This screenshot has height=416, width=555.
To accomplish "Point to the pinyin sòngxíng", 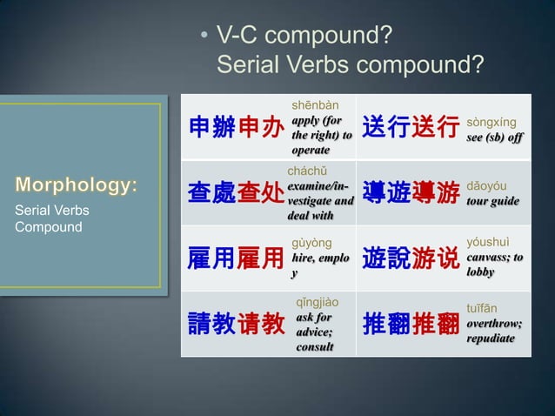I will (491, 123).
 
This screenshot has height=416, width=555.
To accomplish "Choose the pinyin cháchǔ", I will (311, 171).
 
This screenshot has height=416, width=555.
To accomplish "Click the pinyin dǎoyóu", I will (488, 186).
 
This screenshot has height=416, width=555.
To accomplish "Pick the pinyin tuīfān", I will (484, 308).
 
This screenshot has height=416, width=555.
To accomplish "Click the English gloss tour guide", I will (493, 201).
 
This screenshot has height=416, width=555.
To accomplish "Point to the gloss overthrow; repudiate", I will (494, 330).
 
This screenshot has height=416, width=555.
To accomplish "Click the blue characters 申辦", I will (212, 128).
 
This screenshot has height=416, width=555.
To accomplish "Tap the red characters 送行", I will (436, 128).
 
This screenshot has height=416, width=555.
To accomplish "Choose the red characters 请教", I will (261, 324).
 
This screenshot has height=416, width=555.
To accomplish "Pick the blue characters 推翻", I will (385, 324).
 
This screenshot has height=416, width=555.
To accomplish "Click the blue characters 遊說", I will (385, 258).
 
